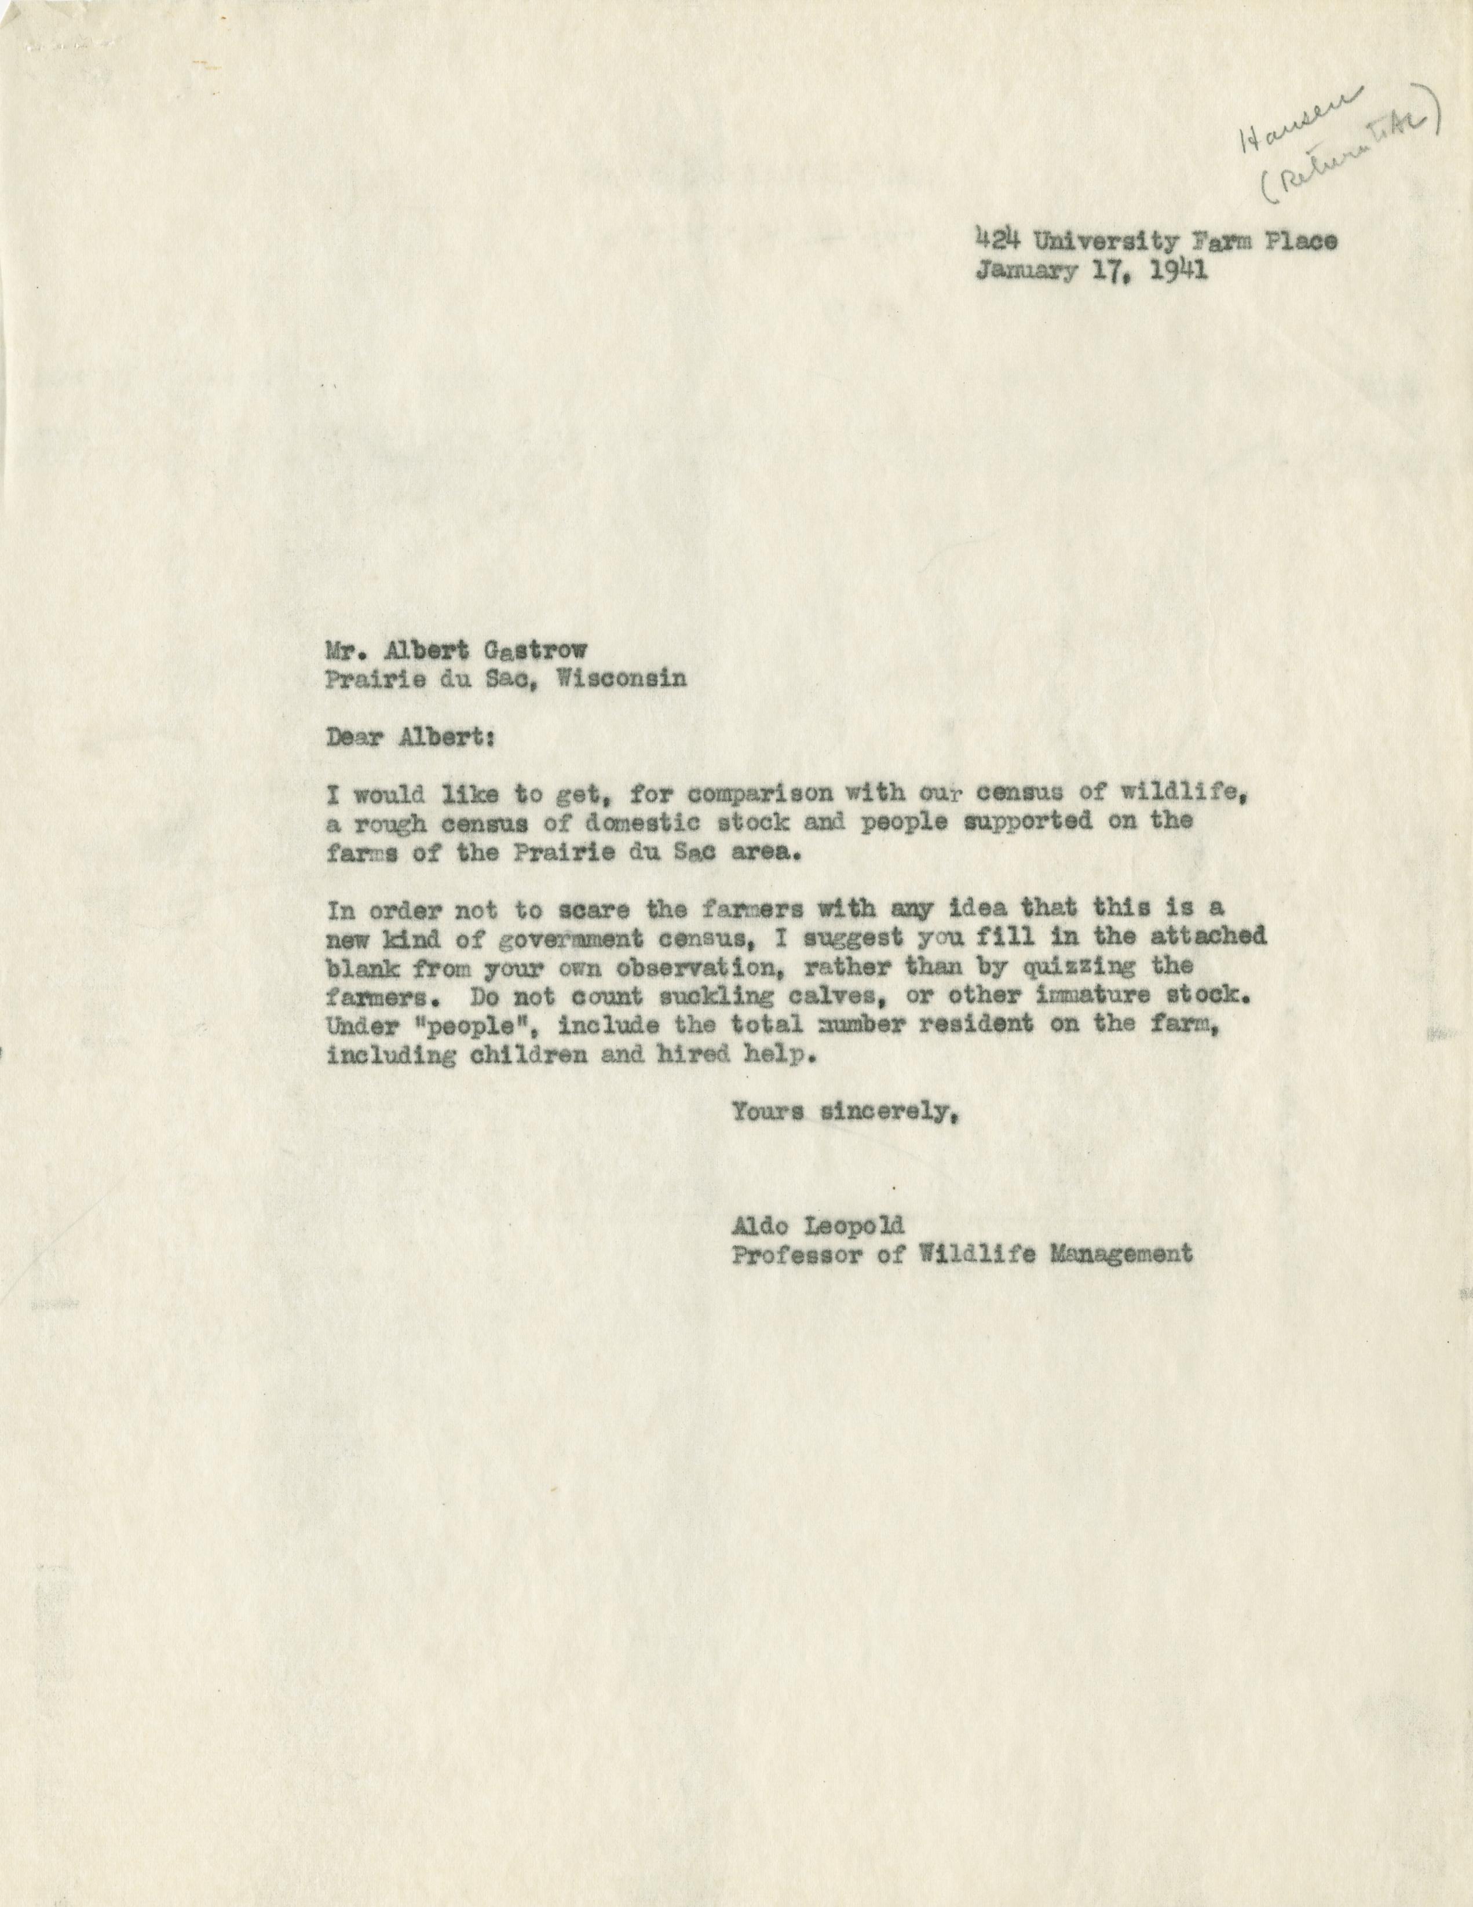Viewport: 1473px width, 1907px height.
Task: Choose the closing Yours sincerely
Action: coord(840,1112)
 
